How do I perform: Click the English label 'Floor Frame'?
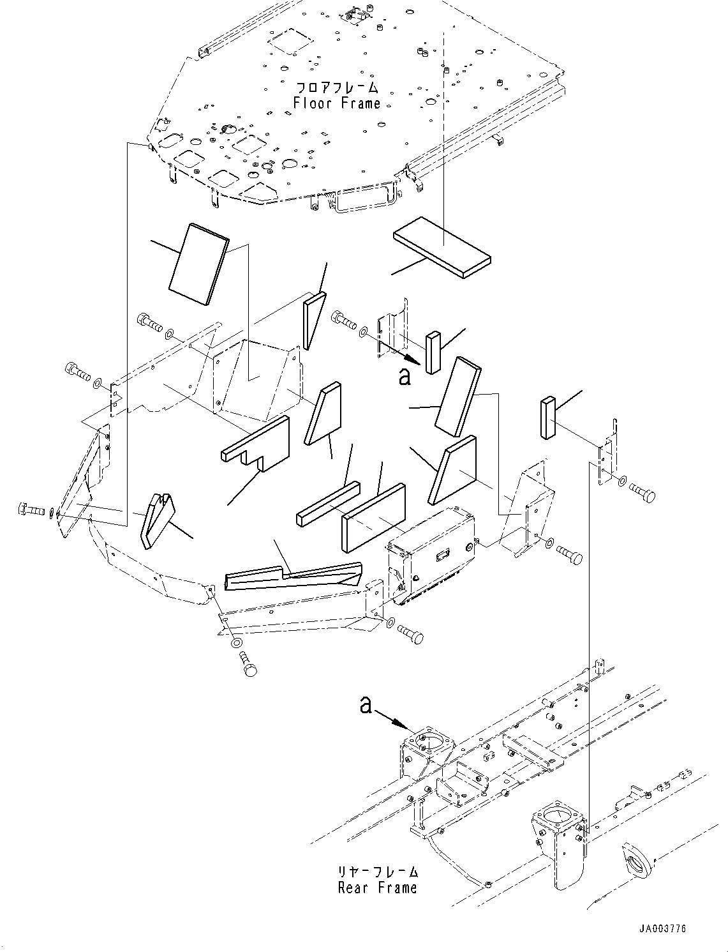pyautogui.click(x=337, y=103)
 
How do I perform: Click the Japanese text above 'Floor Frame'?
pyautogui.click(x=337, y=87)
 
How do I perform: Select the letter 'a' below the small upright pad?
pyautogui.click(x=405, y=377)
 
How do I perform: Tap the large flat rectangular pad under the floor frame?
pyautogui.click(x=442, y=247)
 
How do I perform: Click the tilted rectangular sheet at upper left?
pyautogui.click(x=199, y=264)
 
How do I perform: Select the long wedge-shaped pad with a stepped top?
pyautogui.click(x=293, y=575)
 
